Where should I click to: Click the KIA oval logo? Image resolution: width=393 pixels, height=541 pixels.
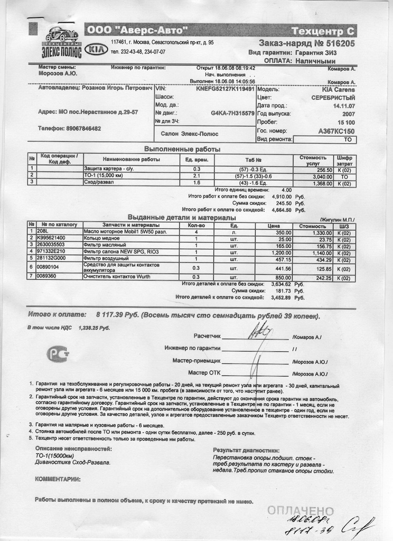(95, 49)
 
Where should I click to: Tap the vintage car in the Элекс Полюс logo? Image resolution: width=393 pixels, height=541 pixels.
(61, 35)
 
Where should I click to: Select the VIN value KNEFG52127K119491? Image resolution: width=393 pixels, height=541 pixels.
(225, 90)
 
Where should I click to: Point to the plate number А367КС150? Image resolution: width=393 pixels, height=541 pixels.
(337, 130)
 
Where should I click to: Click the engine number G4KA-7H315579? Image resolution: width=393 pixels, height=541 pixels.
(232, 113)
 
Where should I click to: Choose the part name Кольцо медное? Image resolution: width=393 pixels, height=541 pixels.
(105, 238)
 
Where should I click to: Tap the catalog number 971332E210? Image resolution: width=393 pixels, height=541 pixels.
(52, 252)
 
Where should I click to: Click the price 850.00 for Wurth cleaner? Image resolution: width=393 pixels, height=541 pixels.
(283, 277)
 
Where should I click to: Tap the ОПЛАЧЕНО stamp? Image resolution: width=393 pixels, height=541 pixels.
(300, 510)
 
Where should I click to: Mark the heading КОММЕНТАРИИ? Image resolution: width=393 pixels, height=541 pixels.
(58, 479)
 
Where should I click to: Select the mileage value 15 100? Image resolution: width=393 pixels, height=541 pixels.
(344, 122)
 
